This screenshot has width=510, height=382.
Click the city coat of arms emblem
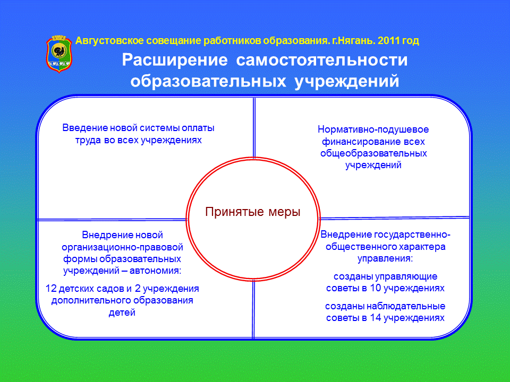(x=59, y=54)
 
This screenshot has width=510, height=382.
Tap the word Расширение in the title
(x=175, y=60)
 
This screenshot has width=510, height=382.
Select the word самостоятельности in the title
(x=322, y=60)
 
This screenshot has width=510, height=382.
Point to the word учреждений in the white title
(x=347, y=81)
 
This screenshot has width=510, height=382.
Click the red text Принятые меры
(x=253, y=212)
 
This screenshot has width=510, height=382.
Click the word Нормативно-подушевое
(x=373, y=129)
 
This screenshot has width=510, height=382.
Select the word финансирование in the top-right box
(x=356, y=142)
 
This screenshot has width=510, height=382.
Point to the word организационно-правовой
(x=122, y=248)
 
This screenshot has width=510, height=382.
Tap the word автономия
(x=155, y=270)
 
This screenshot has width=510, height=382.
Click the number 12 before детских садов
(x=51, y=289)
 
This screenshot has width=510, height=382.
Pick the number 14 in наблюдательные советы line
(x=376, y=318)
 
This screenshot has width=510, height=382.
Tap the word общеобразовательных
(x=373, y=153)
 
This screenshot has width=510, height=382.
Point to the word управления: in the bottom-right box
(x=385, y=259)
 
